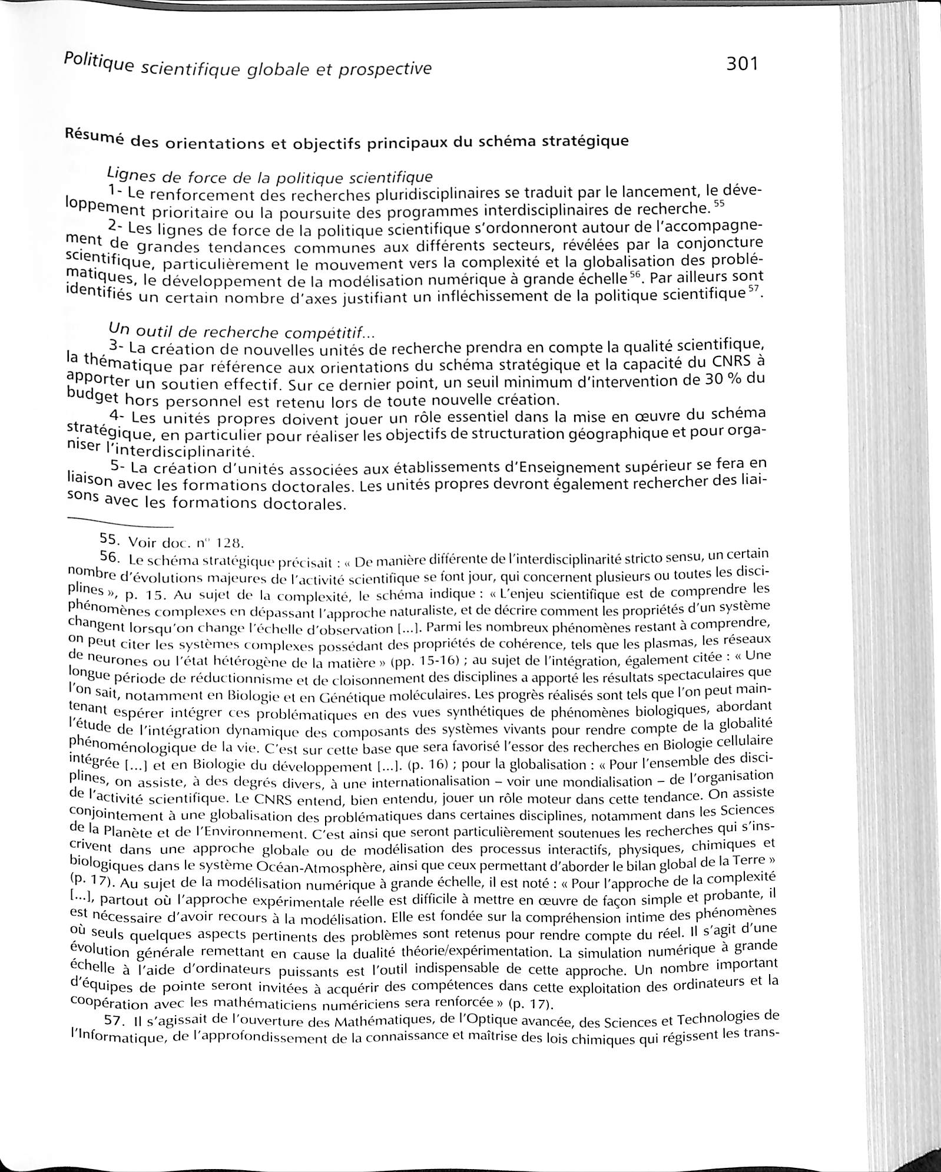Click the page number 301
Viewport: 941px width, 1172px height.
pyautogui.click(x=741, y=63)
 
